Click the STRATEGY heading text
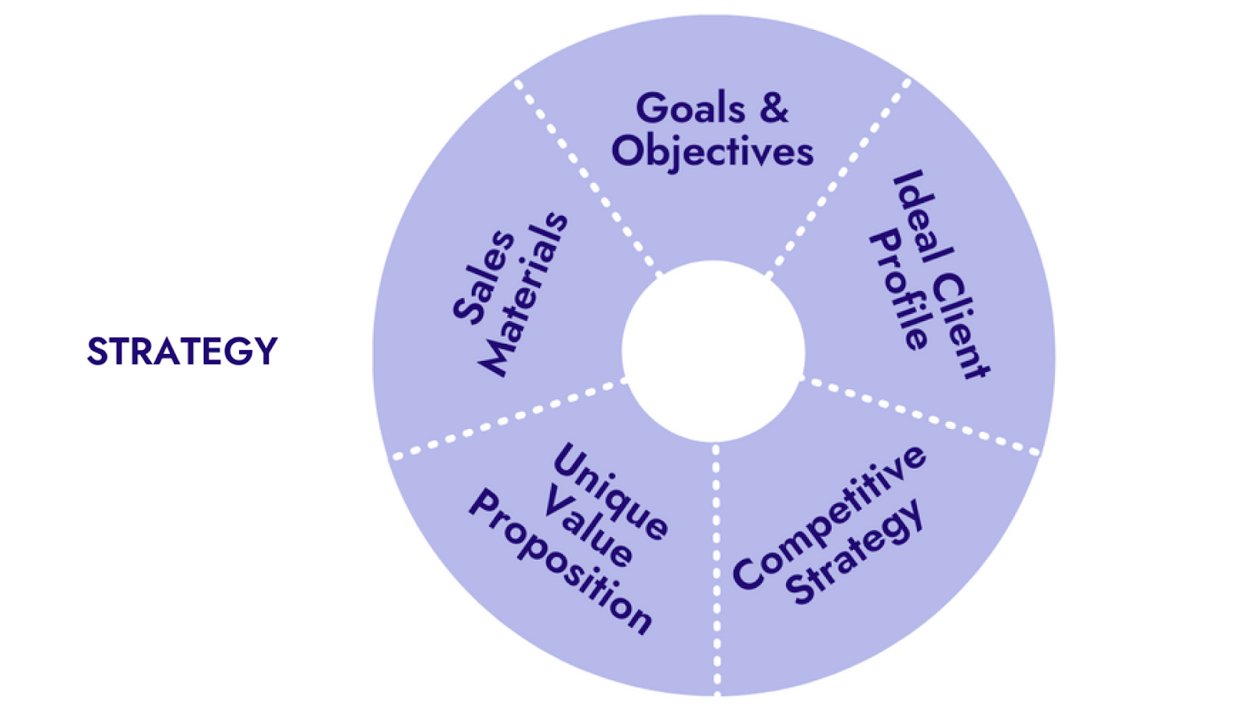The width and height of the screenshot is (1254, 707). click(183, 351)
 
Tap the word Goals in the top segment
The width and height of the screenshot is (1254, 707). click(690, 108)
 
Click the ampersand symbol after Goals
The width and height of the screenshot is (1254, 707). click(774, 108)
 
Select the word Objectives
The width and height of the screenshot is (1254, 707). click(712, 152)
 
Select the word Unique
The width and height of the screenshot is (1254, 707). click(611, 492)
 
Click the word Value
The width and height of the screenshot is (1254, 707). click(588, 526)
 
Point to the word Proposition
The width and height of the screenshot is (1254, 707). click(560, 561)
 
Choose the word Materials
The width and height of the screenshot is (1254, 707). click(524, 294)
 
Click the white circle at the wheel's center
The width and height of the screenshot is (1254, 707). click(713, 352)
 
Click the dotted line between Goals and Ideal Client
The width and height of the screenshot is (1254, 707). click(838, 179)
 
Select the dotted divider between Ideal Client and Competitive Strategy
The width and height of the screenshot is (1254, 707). click(919, 415)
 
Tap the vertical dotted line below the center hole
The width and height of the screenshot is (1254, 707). click(716, 570)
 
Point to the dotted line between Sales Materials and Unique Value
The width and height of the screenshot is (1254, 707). click(509, 419)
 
